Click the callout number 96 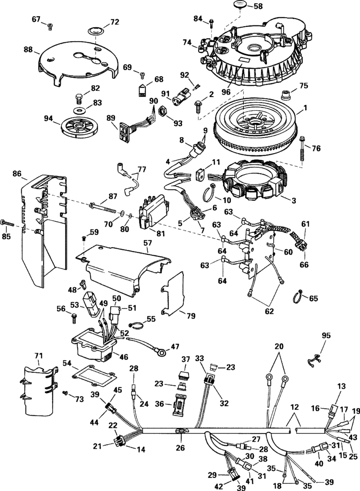225,91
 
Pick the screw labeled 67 50,27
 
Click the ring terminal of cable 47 163,353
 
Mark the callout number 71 38,355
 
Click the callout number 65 313,298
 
